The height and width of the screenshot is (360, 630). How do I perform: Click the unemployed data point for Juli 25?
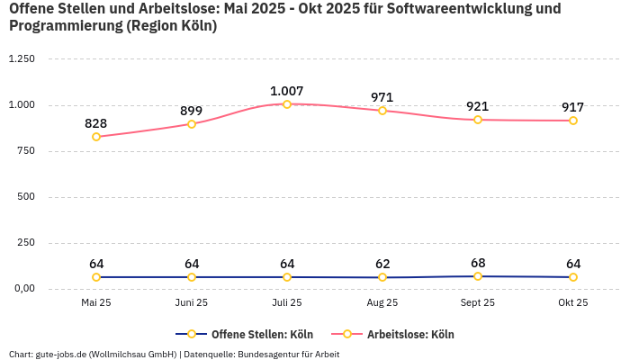pos(287,104)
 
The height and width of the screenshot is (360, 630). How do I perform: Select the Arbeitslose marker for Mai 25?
pos(96,137)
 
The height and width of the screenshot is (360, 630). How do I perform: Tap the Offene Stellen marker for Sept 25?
pos(478,276)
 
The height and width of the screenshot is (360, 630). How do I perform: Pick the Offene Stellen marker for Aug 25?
pos(382,277)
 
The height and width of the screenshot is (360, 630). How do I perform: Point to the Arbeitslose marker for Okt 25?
pos(573,121)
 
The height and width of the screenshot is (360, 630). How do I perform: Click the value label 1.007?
pos(287,91)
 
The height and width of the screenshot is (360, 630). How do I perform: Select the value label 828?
pos(96,123)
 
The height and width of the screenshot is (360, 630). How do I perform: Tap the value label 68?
pos(478,264)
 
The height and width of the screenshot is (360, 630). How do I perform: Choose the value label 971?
pos(382,97)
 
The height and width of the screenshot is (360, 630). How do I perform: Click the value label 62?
pos(382,264)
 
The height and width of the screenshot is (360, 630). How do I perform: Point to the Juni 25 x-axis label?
pos(192,303)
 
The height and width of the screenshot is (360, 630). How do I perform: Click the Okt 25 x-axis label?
pos(573,303)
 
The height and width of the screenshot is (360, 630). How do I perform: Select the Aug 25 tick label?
pos(382,303)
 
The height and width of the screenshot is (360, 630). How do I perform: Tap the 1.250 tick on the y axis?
pos(22,58)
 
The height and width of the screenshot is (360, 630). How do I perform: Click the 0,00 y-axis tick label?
pos(23,289)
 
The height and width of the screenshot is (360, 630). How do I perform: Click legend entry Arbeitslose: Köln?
pos(410,335)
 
